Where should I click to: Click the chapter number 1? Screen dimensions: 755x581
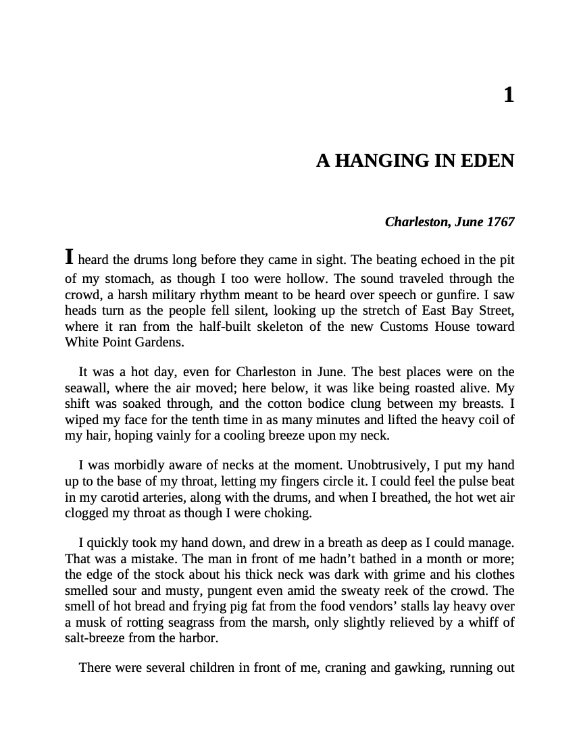click(x=509, y=95)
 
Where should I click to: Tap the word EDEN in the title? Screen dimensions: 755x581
click(x=490, y=161)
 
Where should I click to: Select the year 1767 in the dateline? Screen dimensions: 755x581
click(x=501, y=222)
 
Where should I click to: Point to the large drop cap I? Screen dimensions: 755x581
click(x=69, y=257)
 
